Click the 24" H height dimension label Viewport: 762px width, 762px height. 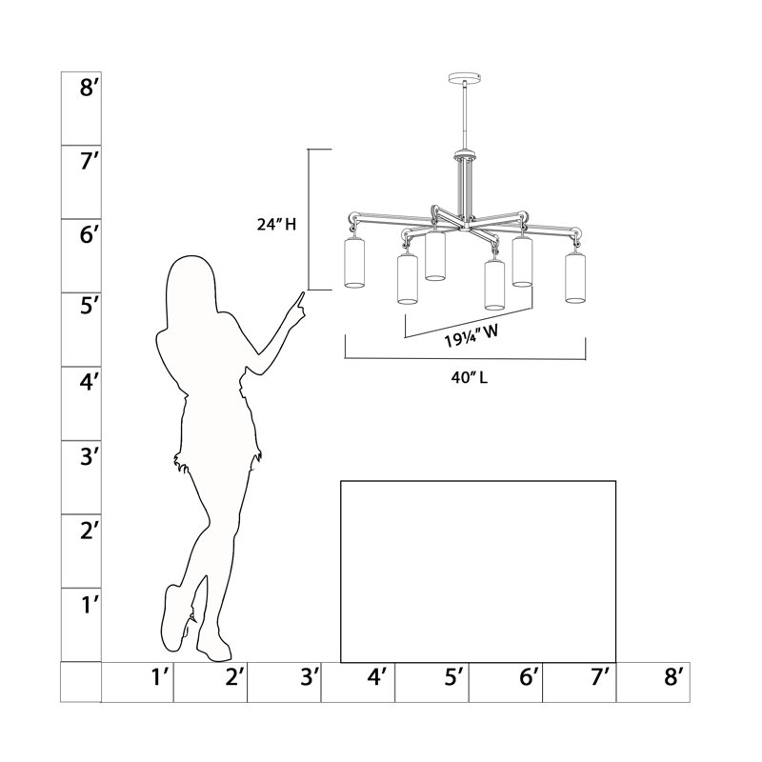276,224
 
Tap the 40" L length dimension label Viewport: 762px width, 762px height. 469,377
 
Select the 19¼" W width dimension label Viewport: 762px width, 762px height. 471,336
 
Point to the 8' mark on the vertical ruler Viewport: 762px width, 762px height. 90,88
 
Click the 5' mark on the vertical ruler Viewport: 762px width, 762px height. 90,306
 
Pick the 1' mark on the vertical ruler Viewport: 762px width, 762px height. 90,605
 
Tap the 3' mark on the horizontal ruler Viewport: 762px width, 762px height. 309,676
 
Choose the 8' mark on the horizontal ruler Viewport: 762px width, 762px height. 673,676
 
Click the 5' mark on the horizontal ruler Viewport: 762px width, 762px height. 454,676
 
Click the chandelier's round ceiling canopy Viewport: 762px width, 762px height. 464,77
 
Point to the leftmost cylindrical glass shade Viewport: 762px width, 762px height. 354,263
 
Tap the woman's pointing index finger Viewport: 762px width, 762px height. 301,300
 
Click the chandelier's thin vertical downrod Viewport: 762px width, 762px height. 465,116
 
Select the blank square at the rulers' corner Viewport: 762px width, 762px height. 81,682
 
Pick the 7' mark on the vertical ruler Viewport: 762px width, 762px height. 90,161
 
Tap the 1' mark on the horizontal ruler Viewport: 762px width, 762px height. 160,676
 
